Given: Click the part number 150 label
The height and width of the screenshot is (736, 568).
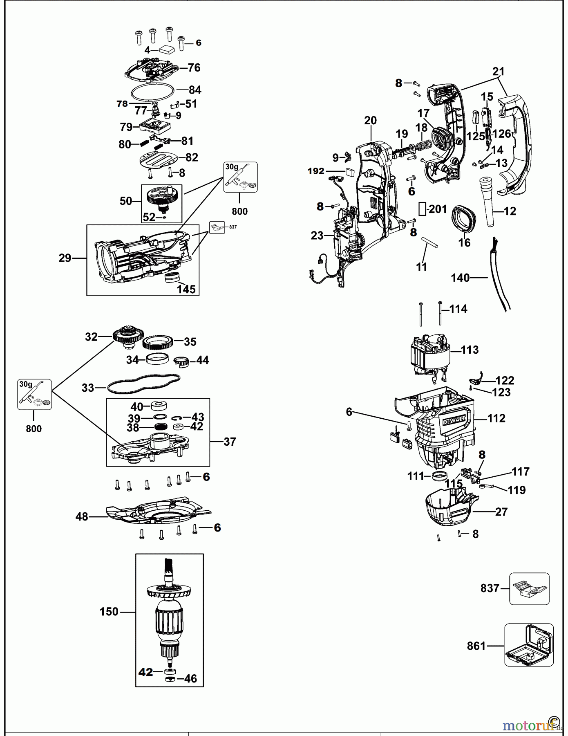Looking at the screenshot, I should [x=109, y=612].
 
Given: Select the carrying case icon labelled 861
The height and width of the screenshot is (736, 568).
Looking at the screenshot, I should [x=529, y=645].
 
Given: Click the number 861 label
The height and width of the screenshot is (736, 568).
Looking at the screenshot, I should [x=476, y=646].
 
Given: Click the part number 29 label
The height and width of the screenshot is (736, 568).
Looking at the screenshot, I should [x=65, y=258].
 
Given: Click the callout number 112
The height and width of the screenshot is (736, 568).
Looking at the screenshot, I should [x=496, y=418].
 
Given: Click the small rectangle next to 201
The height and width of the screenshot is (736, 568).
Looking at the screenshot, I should [x=422, y=209].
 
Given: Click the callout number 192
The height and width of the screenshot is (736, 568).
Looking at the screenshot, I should [x=315, y=171].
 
